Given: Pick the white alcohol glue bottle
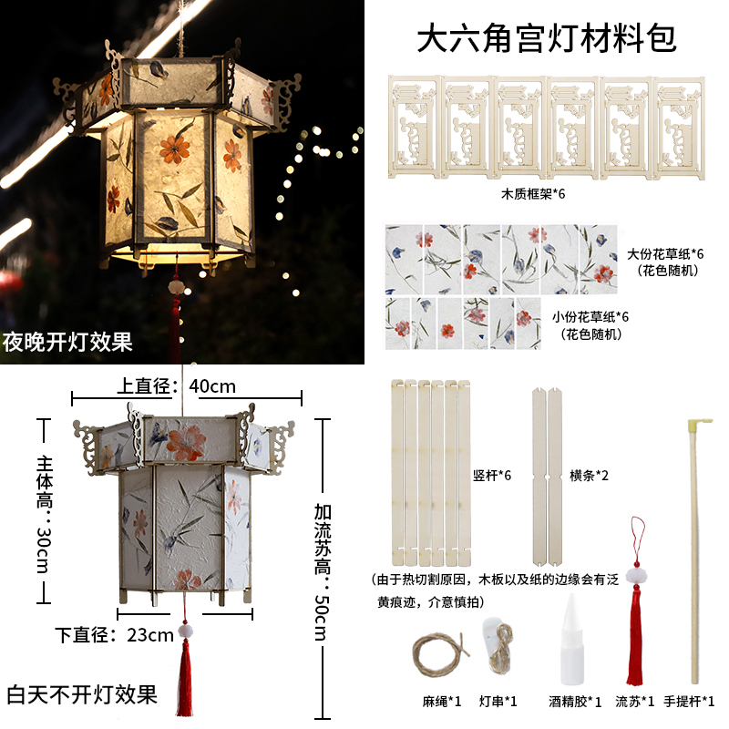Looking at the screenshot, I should coord(573,638).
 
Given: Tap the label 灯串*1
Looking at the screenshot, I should coord(498,702).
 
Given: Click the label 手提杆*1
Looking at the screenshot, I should coord(690,702).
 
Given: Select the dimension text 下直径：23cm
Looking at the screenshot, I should coord(114,634).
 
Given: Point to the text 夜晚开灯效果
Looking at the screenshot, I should coord(67,343).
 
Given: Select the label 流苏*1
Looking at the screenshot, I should coord(635,702).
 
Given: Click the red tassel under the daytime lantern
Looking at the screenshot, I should coord(187,674).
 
